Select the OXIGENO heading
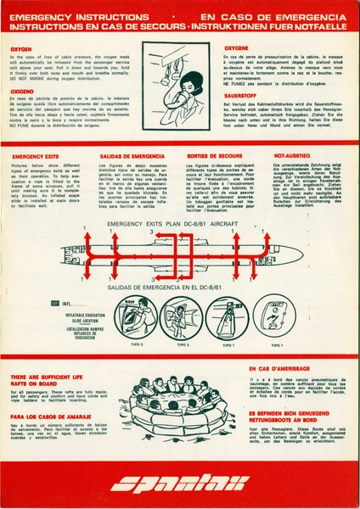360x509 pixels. [22, 91]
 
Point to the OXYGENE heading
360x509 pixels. [236, 48]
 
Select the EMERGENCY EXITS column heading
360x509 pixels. [36, 157]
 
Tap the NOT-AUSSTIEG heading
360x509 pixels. [292, 157]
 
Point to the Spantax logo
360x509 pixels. [179, 484]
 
